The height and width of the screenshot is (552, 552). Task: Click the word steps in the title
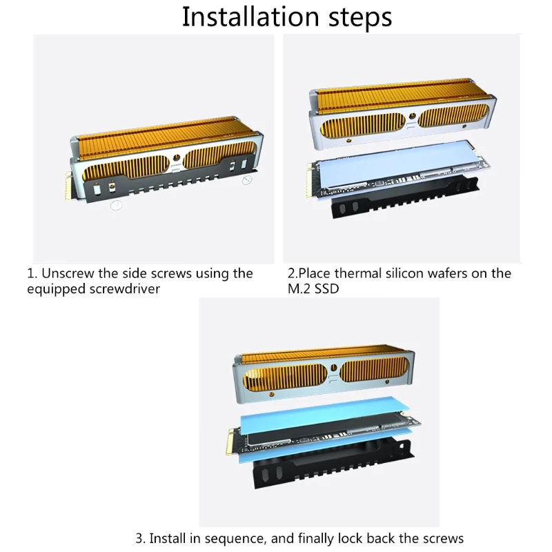[359, 18]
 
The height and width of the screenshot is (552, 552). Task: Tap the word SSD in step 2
[326, 289]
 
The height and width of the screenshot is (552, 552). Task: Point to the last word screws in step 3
[444, 539]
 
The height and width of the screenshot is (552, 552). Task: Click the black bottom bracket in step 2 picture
[405, 198]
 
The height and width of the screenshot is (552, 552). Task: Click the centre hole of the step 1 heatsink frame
[177, 158]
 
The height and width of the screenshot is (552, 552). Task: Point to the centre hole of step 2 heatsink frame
[413, 116]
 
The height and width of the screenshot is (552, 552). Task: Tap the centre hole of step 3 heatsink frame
[334, 368]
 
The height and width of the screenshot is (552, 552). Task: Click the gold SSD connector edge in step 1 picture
[68, 186]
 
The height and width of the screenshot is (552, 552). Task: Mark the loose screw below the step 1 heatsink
[116, 205]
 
